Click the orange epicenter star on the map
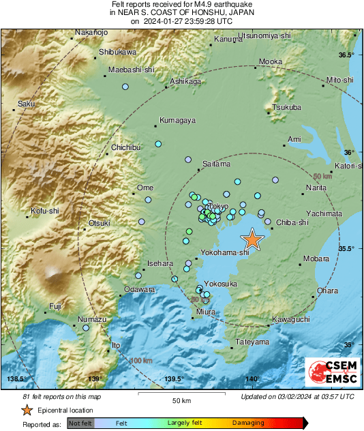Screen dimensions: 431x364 coord(252,239)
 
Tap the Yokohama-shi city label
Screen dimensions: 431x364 coord(225,253)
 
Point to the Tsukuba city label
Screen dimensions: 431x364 coord(286,107)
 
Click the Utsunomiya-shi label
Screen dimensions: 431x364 coord(264,34)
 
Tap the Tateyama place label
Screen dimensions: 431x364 coord(252,342)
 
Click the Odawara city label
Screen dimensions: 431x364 coord(140,289)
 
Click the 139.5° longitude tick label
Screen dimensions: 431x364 coord(173,379)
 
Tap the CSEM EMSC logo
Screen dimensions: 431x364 coord(330,374)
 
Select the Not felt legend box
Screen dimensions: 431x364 coord(80,423)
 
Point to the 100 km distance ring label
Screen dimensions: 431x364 coord(142,360)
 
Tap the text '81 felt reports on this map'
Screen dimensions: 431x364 coord(61,396)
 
